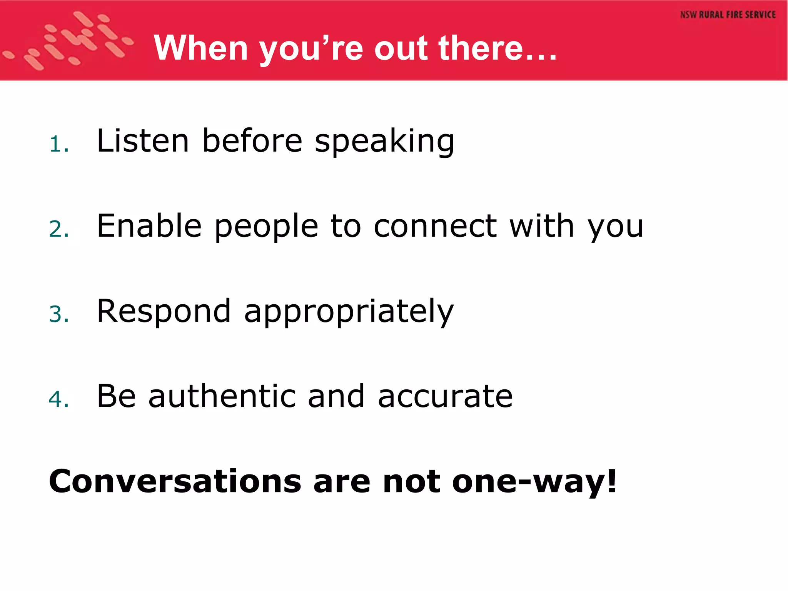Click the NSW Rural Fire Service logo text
728,15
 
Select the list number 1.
58,145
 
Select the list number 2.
58,230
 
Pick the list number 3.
58,314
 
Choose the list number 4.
58,399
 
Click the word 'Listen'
143,141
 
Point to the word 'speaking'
384,142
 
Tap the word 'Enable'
149,226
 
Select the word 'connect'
435,226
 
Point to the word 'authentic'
222,396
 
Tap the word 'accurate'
445,397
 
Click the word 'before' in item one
252,141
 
